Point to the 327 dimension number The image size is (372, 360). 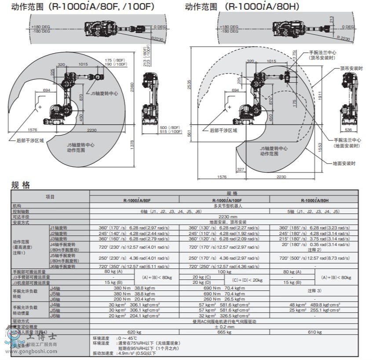(x=241, y=169)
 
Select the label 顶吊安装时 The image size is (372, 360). (x=351, y=68)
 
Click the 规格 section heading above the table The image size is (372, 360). (x=21, y=185)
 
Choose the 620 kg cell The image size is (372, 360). (x=134, y=332)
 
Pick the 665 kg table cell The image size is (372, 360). (x=224, y=332)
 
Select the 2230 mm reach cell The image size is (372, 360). (x=224, y=217)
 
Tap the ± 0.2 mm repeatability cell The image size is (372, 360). (x=224, y=327)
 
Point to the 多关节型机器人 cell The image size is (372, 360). (x=224, y=206)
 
